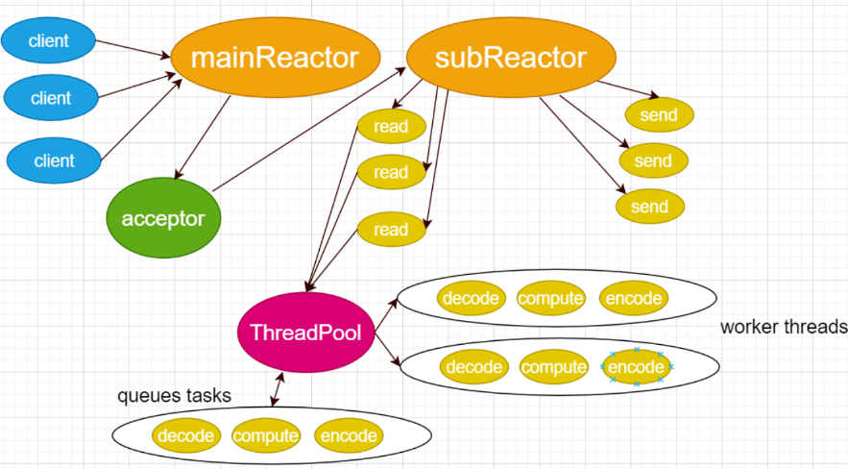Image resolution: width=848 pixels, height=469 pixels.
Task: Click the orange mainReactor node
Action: pos(276,58)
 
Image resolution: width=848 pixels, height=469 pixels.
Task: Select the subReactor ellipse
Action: pos(511,58)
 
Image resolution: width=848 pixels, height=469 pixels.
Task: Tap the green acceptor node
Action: pos(163,218)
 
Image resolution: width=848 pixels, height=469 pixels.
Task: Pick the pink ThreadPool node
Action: pos(306,333)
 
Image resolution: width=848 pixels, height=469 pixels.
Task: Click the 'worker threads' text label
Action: pos(784,327)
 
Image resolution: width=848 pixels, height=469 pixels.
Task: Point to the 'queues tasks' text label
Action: pos(174,395)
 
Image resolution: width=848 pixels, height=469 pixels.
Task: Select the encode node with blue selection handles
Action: pos(637,367)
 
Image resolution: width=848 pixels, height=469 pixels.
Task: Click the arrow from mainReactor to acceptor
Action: pos(203,137)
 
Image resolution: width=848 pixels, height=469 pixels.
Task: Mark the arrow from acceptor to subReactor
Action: pos(309,130)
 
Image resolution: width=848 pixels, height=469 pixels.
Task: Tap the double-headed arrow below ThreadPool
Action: pos(277,389)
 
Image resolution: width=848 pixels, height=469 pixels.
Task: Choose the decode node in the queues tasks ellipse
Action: pos(186,435)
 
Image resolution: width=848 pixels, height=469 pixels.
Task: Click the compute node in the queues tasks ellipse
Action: pos(266,435)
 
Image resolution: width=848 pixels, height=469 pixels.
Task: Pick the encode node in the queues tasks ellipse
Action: pos(349,435)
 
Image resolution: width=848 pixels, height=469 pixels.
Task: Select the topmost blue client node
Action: pos(48,40)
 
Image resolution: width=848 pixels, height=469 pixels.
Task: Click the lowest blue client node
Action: pos(54,160)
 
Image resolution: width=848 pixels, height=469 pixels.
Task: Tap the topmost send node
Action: pos(659,114)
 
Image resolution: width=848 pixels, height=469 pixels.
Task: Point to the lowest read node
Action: pos(392,230)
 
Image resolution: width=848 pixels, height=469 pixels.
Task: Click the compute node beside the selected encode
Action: pos(554,367)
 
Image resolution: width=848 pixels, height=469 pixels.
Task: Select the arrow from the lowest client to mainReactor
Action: pos(142,120)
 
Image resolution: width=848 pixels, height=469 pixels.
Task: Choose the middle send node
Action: pos(653,160)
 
